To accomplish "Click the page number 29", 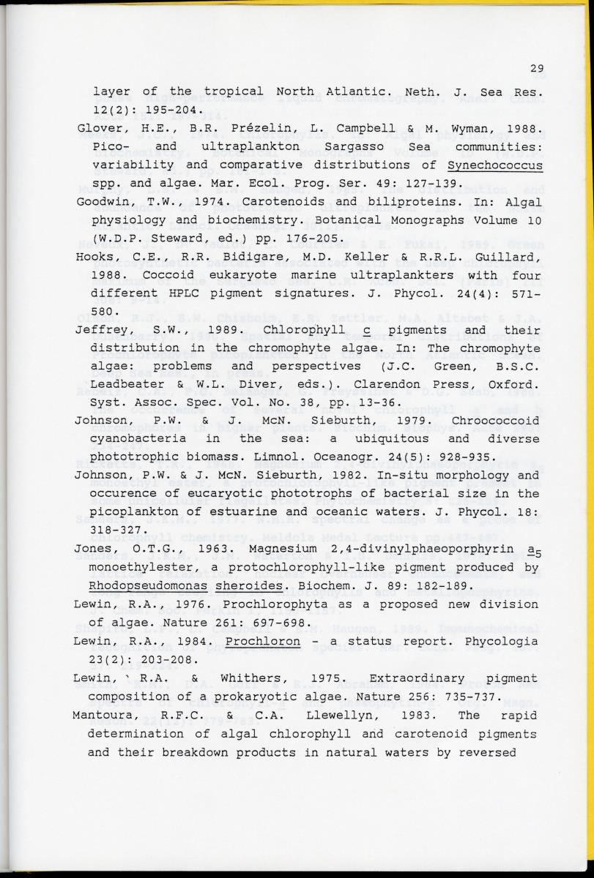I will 537,70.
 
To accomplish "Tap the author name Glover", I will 99,129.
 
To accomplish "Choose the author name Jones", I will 94,549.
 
